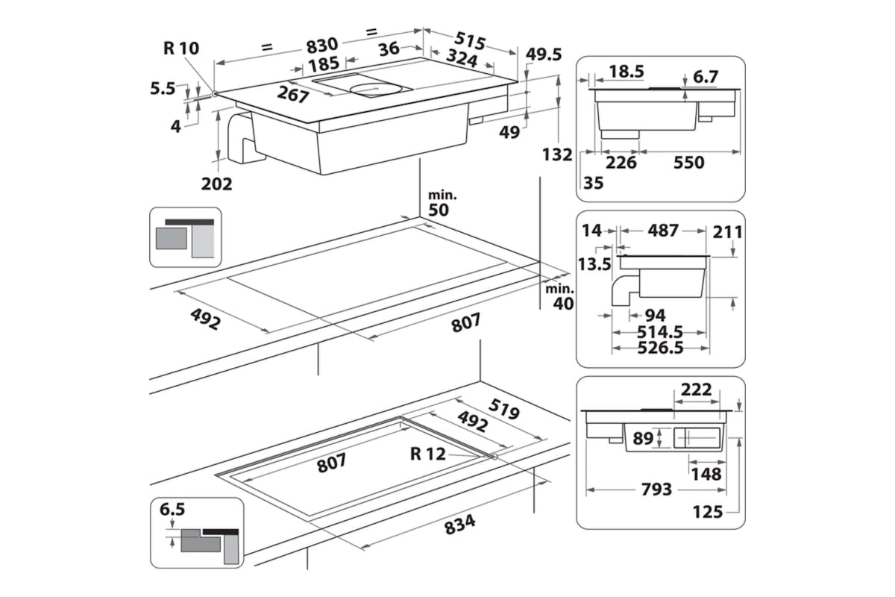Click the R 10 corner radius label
(x=181, y=48)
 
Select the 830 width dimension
(x=322, y=45)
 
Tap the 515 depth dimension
(x=470, y=41)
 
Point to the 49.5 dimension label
(x=544, y=54)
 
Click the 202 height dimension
(x=216, y=184)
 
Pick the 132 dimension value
(x=557, y=154)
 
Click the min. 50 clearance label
(x=442, y=204)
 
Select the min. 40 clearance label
(x=560, y=297)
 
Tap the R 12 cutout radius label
(x=428, y=454)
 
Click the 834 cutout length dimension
(x=460, y=524)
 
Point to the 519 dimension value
(x=504, y=409)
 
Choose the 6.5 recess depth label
(x=172, y=510)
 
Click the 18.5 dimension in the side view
(x=626, y=72)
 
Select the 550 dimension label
(x=689, y=163)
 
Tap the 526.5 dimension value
(x=660, y=348)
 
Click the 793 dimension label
(x=656, y=489)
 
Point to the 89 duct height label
(x=643, y=438)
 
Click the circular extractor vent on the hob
(x=376, y=90)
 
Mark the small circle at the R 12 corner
(x=494, y=457)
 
